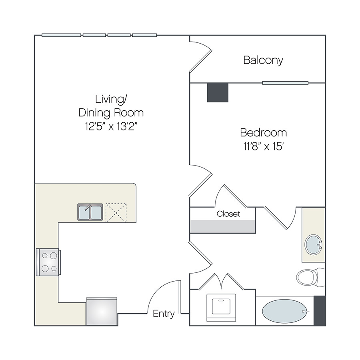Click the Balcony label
pos(263,60)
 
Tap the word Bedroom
pos(263,132)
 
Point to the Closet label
pos(228,214)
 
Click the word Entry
pos(164,314)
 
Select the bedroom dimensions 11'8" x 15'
pos(263,146)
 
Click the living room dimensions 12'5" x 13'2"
pos(111,126)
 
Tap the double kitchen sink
pos(90,212)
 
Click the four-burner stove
pos(48,262)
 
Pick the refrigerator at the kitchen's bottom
pos(102,311)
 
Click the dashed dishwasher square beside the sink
pos(116,213)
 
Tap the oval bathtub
pos(285,311)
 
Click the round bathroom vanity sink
pos(313,244)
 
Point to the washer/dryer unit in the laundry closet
pos(221,308)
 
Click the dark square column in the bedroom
pos(218,92)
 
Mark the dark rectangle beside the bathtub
pos(320,310)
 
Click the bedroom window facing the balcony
pos(285,83)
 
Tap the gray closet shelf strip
pos(223,226)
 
